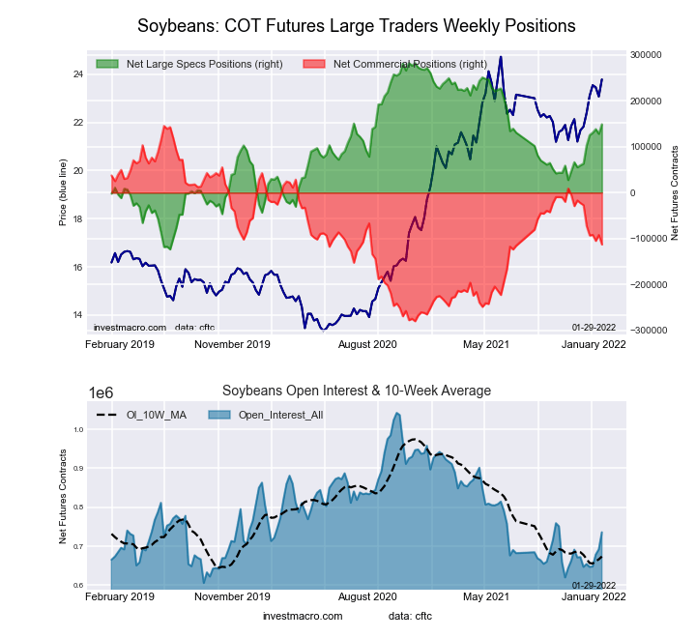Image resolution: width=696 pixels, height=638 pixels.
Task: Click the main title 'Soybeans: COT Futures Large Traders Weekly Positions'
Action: tap(357, 25)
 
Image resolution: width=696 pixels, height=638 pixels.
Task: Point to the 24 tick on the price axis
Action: tap(78, 74)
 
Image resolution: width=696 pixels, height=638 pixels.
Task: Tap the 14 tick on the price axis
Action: tap(78, 315)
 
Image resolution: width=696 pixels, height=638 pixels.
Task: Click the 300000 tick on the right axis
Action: tap(646, 55)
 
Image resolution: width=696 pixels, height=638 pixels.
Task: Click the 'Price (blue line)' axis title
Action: tap(63, 193)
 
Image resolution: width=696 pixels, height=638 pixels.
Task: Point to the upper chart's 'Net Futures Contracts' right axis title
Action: tap(675, 193)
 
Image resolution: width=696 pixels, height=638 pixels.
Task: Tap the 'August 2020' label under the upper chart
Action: tap(367, 343)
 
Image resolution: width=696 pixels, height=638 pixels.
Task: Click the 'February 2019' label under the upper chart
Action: tap(121, 343)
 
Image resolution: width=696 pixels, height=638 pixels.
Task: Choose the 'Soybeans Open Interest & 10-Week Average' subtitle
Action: tap(357, 391)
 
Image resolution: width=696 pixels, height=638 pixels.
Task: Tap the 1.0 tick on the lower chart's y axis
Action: tap(77, 428)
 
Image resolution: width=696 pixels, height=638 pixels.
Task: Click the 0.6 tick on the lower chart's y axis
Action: tap(77, 586)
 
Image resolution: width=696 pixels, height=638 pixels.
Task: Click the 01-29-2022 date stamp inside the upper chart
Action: tap(594, 327)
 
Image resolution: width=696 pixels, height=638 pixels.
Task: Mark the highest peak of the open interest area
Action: tap(396, 414)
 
